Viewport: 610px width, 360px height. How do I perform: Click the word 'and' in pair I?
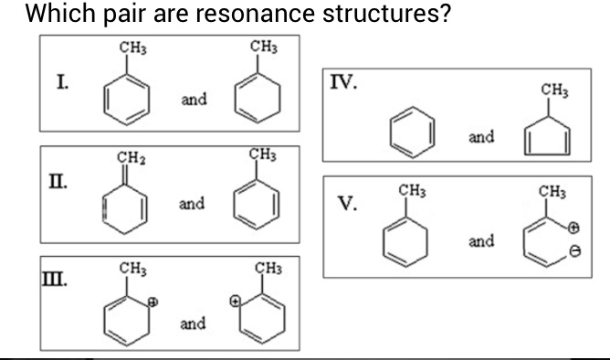click(x=193, y=99)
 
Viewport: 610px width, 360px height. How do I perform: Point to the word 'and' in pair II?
click(x=191, y=204)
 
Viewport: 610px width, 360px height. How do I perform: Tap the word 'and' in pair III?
click(x=192, y=323)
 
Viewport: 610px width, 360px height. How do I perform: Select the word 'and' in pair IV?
click(x=481, y=137)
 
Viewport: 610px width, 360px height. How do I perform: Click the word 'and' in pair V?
click(x=481, y=241)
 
